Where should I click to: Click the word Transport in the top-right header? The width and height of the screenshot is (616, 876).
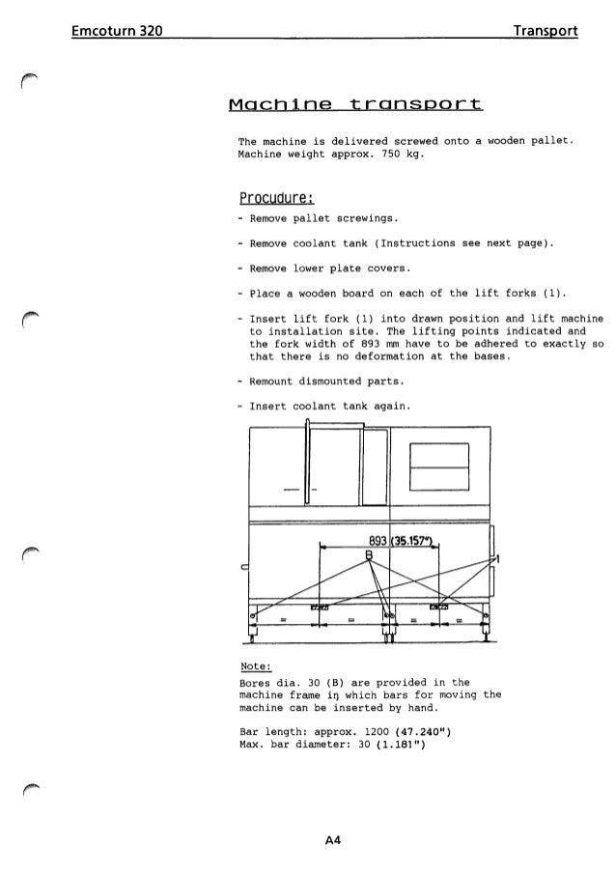[546, 32]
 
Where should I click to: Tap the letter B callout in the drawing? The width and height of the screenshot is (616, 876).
[367, 553]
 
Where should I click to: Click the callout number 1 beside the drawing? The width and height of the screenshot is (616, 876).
[499, 558]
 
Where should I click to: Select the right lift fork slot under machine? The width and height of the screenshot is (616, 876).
[440, 607]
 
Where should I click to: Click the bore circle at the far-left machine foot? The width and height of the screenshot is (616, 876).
[254, 614]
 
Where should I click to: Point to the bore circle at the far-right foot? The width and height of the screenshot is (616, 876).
[488, 614]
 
